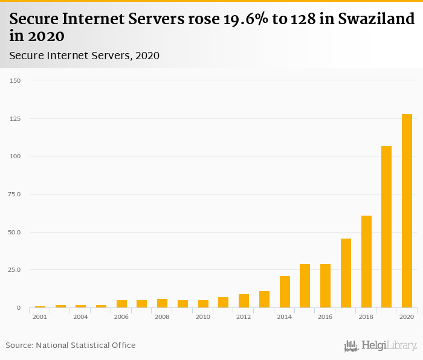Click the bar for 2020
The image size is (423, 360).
[407, 211]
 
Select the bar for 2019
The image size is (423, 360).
[386, 227]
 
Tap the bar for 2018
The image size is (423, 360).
[366, 262]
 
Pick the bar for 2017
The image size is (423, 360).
[346, 273]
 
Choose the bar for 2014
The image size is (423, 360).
[285, 292]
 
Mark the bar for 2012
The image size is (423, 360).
[244, 301]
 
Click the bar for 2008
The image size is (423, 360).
[162, 303]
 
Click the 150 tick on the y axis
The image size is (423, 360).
[15, 80]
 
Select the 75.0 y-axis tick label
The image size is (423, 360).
[15, 194]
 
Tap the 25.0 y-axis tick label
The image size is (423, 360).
[15, 270]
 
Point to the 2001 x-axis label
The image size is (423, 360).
[40, 317]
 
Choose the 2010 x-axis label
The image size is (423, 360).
[202, 317]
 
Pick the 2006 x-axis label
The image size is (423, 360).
[121, 317]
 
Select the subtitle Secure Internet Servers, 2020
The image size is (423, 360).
[84, 56]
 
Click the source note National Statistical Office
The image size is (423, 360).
[85, 345]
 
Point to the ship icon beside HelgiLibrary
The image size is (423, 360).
[351, 346]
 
